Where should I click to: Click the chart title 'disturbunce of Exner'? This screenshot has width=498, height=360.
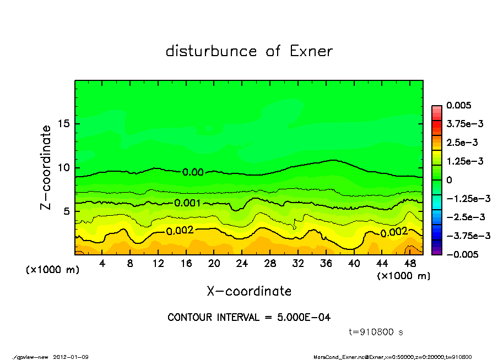(x=249, y=52)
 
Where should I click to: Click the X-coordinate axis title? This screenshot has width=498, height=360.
(x=249, y=291)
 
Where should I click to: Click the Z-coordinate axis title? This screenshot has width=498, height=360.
(x=46, y=167)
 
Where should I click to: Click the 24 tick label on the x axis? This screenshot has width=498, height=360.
(x=242, y=264)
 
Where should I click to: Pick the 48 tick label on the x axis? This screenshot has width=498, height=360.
(x=409, y=264)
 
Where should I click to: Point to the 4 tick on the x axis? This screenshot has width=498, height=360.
(x=102, y=264)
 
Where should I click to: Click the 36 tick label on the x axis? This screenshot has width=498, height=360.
(x=326, y=264)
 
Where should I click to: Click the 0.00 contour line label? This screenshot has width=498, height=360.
(x=193, y=172)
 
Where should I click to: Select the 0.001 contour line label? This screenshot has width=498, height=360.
(x=187, y=203)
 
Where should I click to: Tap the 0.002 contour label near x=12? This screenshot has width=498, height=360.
(x=180, y=231)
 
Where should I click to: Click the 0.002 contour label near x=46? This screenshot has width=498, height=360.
(x=393, y=233)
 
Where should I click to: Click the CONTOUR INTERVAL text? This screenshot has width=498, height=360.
(x=249, y=318)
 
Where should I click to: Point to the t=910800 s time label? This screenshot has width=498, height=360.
(x=377, y=332)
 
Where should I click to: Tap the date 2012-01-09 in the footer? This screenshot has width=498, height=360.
(x=71, y=357)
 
